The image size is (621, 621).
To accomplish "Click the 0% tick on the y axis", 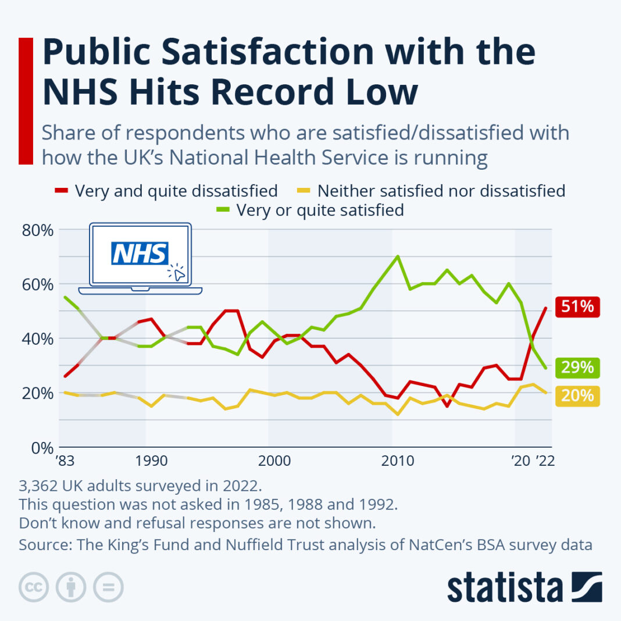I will coord(42,448).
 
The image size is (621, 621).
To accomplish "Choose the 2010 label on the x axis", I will coord(398,462).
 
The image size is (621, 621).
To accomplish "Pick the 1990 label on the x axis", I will coord(151,462).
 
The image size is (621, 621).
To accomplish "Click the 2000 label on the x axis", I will coord(274,462).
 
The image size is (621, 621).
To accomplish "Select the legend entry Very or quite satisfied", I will coord(319,210).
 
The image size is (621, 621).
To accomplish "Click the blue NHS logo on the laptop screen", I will coord(140,254).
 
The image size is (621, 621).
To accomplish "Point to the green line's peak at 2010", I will coord(398,256).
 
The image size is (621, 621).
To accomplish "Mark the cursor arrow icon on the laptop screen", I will coord(178,273).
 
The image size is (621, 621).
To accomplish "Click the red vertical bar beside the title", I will coord(26,101).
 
